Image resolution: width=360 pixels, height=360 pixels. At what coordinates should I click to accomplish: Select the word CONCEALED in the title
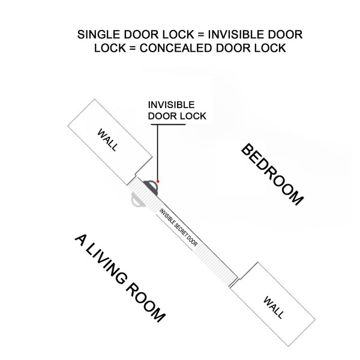coord(176,48)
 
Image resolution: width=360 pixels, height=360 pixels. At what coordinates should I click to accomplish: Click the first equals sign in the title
coord(201,35)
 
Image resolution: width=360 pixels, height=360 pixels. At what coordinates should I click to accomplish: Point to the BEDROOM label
coord(272,174)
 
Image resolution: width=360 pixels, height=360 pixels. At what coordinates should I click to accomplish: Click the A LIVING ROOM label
coord(120,278)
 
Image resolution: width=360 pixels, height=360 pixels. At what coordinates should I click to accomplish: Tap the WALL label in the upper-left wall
coord(107,140)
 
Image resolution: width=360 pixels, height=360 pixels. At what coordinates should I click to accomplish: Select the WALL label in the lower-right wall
coord(274,307)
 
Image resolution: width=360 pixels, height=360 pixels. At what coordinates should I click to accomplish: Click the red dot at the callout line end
coord(158,182)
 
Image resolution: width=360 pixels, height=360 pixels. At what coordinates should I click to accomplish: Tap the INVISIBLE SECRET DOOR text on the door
coord(178,227)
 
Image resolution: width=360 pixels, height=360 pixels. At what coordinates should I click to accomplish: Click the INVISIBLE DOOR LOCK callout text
coord(177,110)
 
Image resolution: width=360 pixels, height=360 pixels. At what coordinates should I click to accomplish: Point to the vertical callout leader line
coord(157,152)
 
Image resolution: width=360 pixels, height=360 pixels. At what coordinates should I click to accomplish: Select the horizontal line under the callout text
coord(168,125)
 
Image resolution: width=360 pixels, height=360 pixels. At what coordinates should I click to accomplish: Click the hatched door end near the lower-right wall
coord(232,282)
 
